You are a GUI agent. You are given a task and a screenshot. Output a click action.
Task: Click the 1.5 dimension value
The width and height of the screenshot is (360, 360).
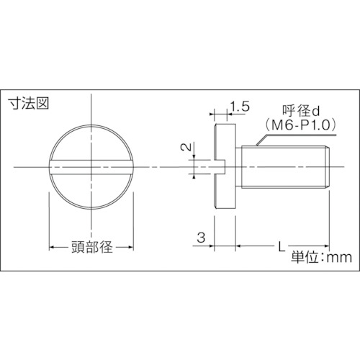[240, 107]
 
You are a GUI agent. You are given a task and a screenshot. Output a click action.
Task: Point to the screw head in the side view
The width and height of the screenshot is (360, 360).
[226, 168]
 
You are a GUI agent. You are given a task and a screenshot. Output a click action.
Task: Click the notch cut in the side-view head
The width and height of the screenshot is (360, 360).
[222, 168]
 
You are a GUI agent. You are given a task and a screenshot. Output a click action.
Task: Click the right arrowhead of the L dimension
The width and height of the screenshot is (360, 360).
[328, 247]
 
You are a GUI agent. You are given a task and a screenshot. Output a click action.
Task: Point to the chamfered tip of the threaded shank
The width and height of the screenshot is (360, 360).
[330, 168]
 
